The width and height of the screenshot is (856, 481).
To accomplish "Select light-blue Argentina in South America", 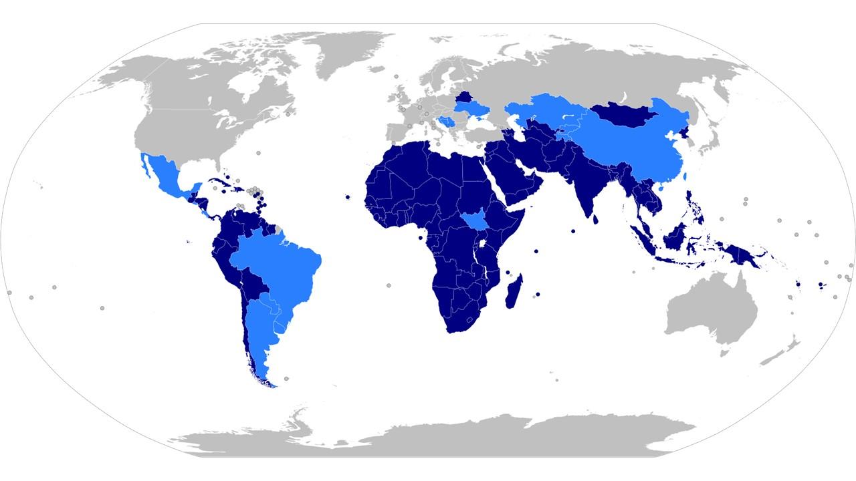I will pos(261,334).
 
